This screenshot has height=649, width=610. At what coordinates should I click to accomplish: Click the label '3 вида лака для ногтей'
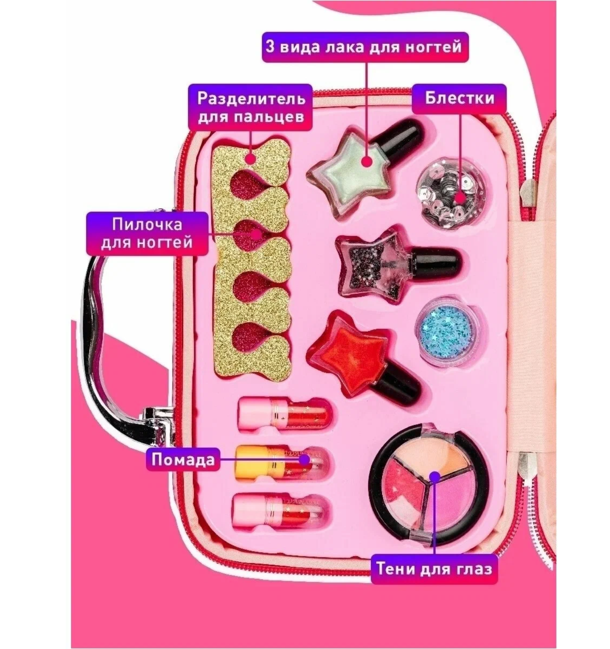point(365,47)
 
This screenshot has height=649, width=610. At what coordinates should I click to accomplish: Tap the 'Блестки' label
point(459,98)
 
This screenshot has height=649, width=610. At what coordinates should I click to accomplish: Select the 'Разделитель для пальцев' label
point(250,107)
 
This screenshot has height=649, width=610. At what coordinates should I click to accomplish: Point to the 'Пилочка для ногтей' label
point(147,234)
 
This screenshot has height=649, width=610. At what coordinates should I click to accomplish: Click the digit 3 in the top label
point(270,47)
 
